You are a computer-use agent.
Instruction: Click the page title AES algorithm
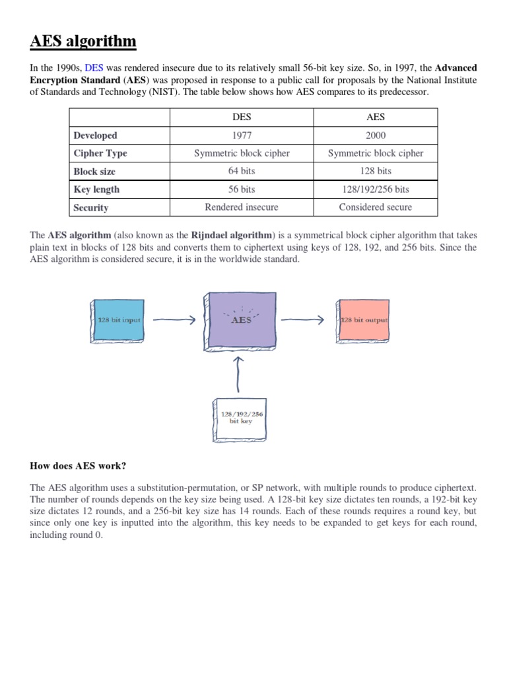[83, 42]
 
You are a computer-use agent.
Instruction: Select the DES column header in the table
[242, 117]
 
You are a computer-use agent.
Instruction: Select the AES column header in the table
[375, 117]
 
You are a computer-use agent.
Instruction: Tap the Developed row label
[96, 135]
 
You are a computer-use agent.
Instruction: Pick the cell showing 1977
[242, 135]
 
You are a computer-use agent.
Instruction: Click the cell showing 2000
[375, 135]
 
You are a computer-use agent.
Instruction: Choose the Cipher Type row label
[100, 153]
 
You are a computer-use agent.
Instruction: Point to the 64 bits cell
[242, 171]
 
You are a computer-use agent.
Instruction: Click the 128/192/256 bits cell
[375, 189]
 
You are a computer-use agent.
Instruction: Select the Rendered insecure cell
[242, 207]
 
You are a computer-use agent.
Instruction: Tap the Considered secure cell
[375, 207]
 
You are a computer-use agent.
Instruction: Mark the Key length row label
[97, 189]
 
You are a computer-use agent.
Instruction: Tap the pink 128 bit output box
[363, 320]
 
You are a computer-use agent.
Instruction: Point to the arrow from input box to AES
[174, 320]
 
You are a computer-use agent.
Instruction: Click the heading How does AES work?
[78, 465]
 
